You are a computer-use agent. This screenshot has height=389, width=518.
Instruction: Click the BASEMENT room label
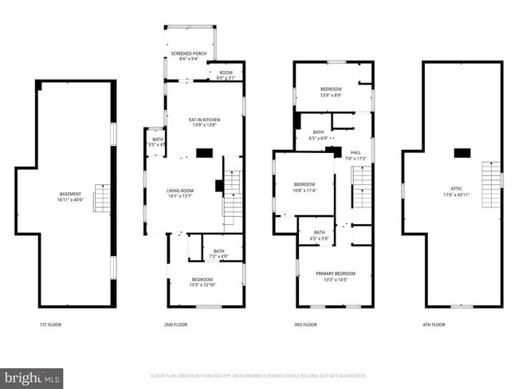71,196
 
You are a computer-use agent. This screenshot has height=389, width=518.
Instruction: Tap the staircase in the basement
103,198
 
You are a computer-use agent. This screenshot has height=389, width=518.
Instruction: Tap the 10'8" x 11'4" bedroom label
305,187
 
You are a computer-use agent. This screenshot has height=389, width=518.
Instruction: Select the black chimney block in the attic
462,152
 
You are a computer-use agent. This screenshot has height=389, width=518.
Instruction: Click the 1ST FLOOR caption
50,324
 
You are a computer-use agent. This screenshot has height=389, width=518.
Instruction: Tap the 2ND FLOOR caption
175,324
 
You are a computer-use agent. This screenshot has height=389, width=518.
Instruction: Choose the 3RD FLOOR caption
305,324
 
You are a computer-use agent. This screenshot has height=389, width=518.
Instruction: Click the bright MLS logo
32,377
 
